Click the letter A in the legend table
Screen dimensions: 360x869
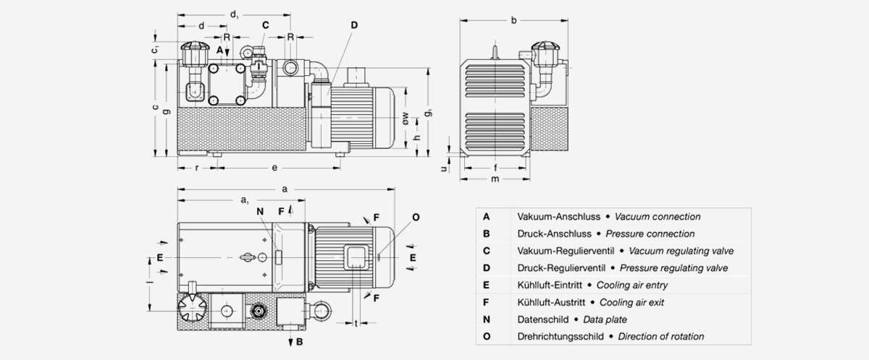(487, 216)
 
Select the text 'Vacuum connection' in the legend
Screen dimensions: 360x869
(658, 216)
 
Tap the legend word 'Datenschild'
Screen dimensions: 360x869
(542, 320)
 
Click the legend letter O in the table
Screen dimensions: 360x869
(487, 337)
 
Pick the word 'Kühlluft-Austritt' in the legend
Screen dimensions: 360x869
(550, 302)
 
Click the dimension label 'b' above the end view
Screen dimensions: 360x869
(513, 20)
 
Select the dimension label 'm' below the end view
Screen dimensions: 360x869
(495, 179)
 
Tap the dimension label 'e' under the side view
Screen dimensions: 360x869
(274, 168)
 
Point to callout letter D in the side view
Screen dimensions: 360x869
(354, 25)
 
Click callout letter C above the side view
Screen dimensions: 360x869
(266, 25)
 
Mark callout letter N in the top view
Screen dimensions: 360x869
(259, 211)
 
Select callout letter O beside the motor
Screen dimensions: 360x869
(415, 217)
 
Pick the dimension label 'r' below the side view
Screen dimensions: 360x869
(197, 168)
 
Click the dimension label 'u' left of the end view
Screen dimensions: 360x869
(444, 168)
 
